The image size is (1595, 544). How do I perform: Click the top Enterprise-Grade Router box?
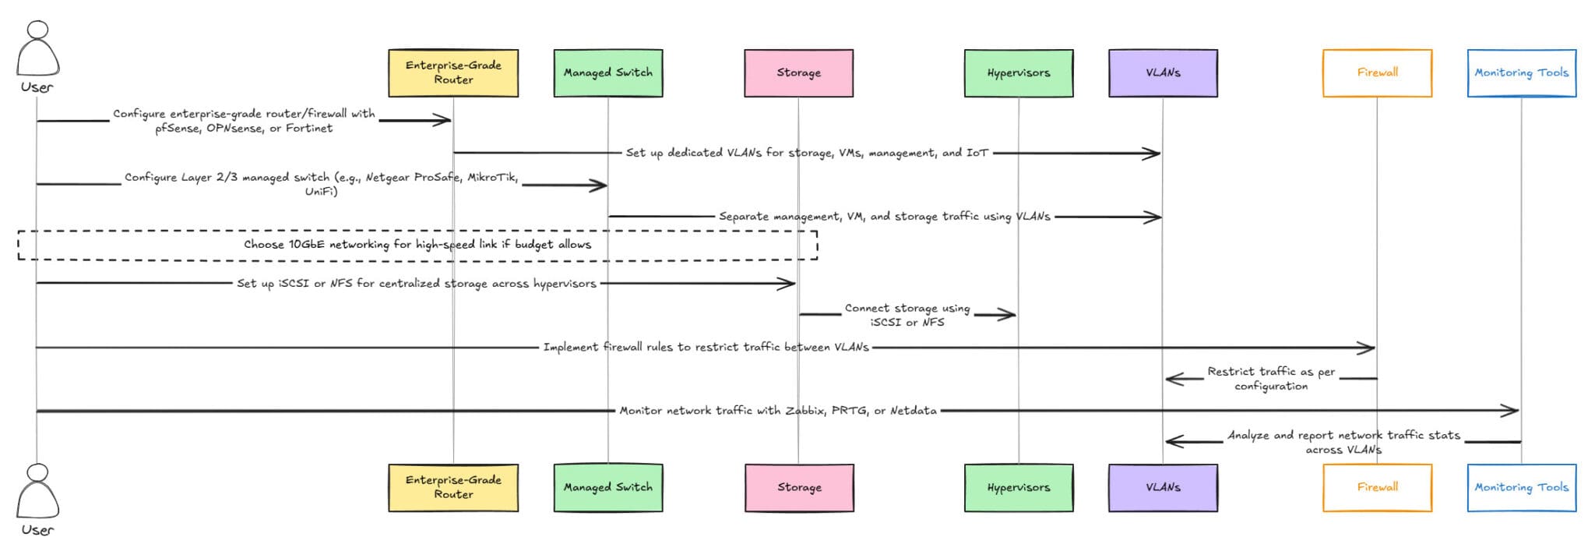(453, 72)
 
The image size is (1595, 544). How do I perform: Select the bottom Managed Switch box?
(608, 487)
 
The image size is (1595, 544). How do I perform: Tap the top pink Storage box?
(798, 72)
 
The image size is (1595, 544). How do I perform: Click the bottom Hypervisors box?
(1018, 487)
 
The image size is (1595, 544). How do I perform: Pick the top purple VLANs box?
(1163, 72)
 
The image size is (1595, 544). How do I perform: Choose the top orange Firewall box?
(1377, 72)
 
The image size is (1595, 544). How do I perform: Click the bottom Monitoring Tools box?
(1521, 487)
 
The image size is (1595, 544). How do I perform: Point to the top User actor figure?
(37, 51)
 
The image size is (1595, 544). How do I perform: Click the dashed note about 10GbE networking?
(417, 245)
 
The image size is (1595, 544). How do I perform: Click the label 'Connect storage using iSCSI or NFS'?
(907, 315)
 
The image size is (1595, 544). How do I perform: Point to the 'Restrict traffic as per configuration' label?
(1271, 379)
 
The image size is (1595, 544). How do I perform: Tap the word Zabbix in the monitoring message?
(805, 411)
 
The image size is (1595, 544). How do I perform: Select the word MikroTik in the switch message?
(491, 178)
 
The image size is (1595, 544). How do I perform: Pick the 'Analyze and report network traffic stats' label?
(1343, 442)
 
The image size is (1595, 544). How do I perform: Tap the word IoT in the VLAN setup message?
(977, 153)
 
